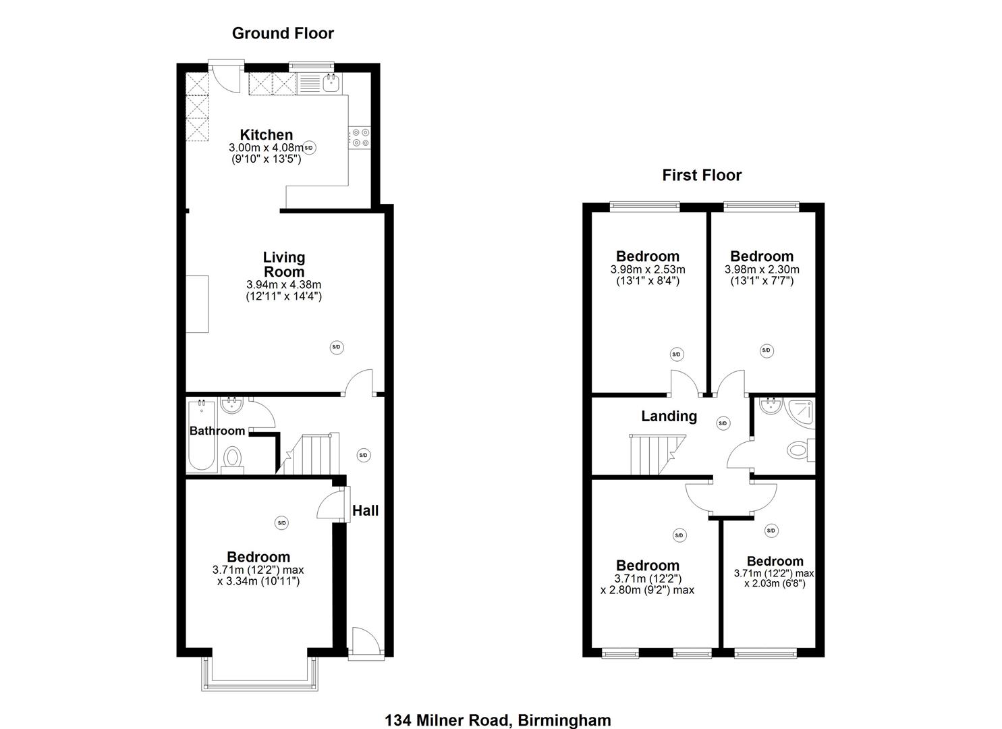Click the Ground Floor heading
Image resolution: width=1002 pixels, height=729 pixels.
pos(283,33)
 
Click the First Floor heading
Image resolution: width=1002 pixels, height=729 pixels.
pos(702,175)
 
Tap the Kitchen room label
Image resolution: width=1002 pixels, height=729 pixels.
pos(267,135)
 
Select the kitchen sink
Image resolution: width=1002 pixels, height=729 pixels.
pos(331,84)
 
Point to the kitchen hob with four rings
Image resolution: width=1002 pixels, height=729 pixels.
pos(360,138)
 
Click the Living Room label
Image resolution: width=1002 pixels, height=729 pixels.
pos(284,265)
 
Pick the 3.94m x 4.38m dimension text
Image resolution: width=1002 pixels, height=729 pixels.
pos(283,284)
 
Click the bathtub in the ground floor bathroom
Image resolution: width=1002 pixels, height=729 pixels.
pos(201,435)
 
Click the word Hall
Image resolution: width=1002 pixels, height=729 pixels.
pos(366,511)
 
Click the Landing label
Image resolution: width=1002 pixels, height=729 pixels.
pos(669,416)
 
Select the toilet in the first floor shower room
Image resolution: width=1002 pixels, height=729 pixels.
pos(801,450)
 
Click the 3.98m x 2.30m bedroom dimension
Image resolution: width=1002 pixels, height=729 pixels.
pos(762,270)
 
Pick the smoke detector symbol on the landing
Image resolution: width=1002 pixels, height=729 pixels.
pos(723,423)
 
